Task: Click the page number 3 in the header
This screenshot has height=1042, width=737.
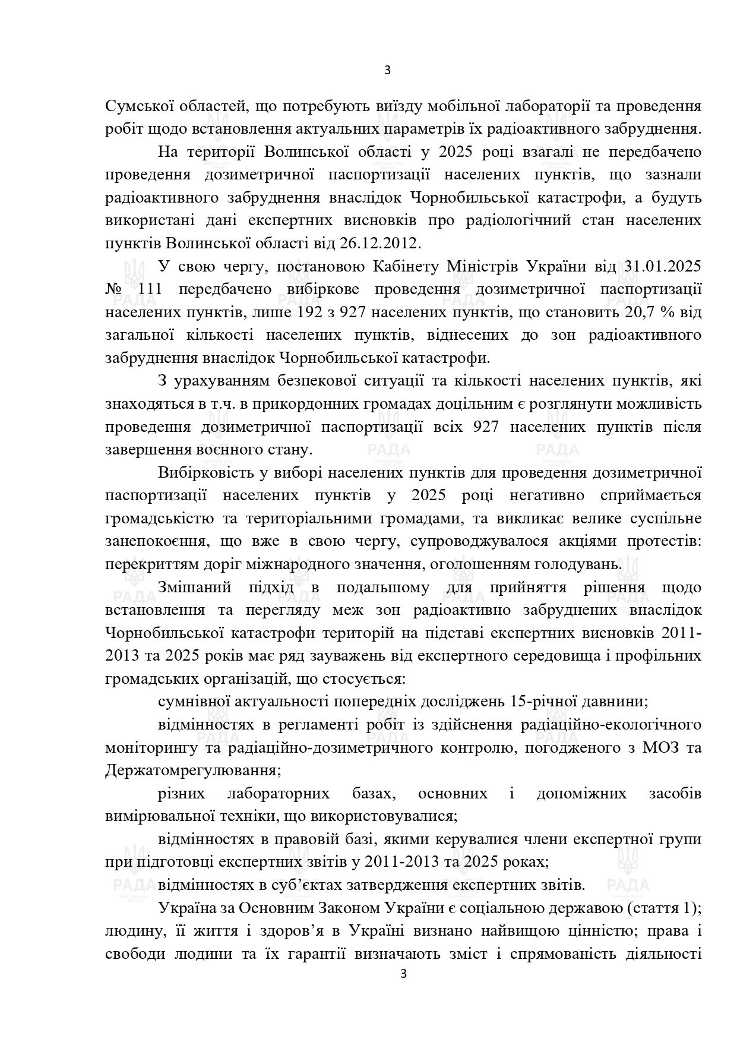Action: coord(387,70)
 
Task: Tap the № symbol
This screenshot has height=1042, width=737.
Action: coord(113,289)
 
